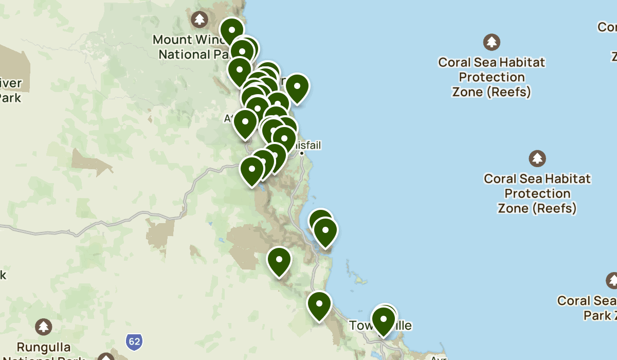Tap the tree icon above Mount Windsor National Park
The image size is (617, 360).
tap(199, 20)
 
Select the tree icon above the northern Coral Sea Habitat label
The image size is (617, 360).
tap(492, 42)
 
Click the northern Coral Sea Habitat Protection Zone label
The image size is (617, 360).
tap(492, 77)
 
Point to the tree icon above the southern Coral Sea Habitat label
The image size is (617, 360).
tap(537, 158)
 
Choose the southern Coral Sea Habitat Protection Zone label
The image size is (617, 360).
tap(537, 193)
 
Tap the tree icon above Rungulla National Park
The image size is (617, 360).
tap(43, 327)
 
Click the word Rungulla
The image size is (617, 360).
tap(43, 348)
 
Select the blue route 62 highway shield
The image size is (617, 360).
tap(134, 341)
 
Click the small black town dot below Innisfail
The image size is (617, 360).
tap(302, 153)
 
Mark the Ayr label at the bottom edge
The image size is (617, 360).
tap(438, 357)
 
